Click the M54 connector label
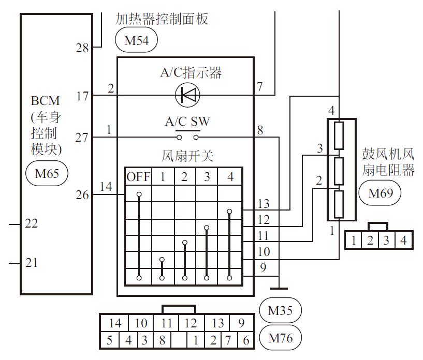[136, 40]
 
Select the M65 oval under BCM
[47, 173]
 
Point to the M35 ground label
[280, 311]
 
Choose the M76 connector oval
[280, 339]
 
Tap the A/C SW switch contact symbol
[187, 137]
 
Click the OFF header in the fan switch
[138, 177]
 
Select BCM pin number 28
[82, 49]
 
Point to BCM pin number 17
[82, 96]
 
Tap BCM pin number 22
[32, 224]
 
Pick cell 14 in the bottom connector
[115, 323]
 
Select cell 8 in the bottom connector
[162, 340]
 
